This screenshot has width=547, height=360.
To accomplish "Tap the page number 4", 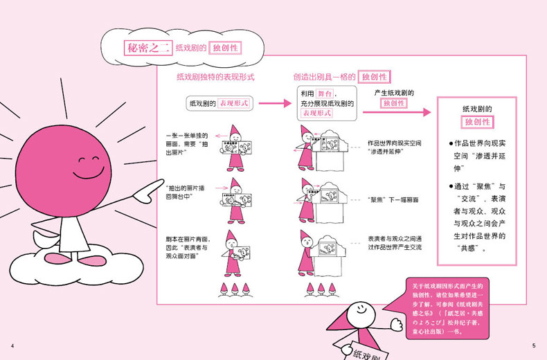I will [x=12, y=345].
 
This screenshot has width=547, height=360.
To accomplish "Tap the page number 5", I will [x=534, y=345].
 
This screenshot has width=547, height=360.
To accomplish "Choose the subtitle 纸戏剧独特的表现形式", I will [x=215, y=77].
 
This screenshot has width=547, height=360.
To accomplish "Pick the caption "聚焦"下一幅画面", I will [x=393, y=198].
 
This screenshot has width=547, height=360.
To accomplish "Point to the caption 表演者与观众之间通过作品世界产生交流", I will [x=395, y=242].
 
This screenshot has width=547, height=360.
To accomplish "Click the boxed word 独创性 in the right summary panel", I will [x=478, y=122].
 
